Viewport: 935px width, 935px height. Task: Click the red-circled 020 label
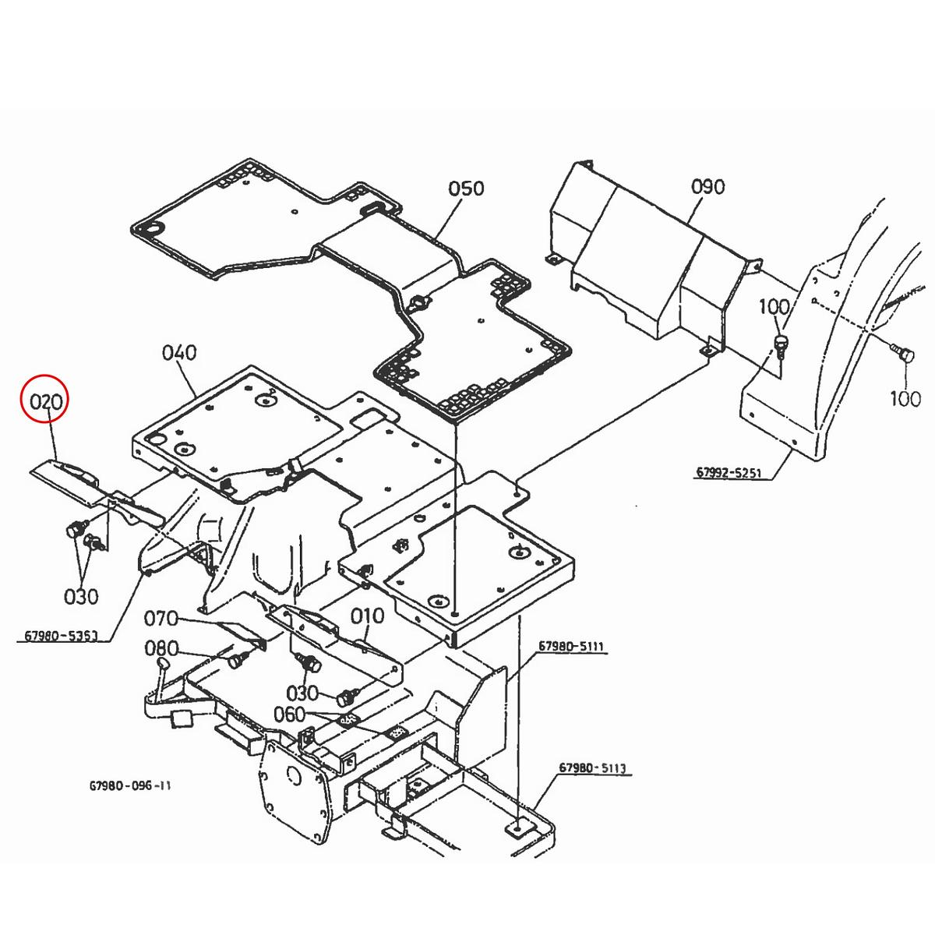(45, 402)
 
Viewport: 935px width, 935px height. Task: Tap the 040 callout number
(179, 353)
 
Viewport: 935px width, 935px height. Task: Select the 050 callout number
(466, 189)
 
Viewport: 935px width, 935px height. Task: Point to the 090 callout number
(707, 187)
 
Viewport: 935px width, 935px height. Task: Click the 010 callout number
(367, 616)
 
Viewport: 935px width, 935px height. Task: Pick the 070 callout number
(162, 620)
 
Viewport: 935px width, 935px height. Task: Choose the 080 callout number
(162, 649)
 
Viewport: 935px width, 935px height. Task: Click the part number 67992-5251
(729, 473)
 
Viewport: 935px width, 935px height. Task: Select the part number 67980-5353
(61, 637)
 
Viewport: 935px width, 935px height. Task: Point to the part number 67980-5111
(572, 647)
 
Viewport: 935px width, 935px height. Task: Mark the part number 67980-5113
(593, 769)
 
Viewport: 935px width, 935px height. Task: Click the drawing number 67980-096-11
(130, 785)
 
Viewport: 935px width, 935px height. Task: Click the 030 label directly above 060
(302, 692)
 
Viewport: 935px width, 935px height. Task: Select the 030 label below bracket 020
(81, 597)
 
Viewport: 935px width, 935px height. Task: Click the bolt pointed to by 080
(233, 661)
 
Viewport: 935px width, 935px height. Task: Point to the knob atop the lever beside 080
(163, 661)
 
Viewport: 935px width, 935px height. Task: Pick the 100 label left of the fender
(774, 307)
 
